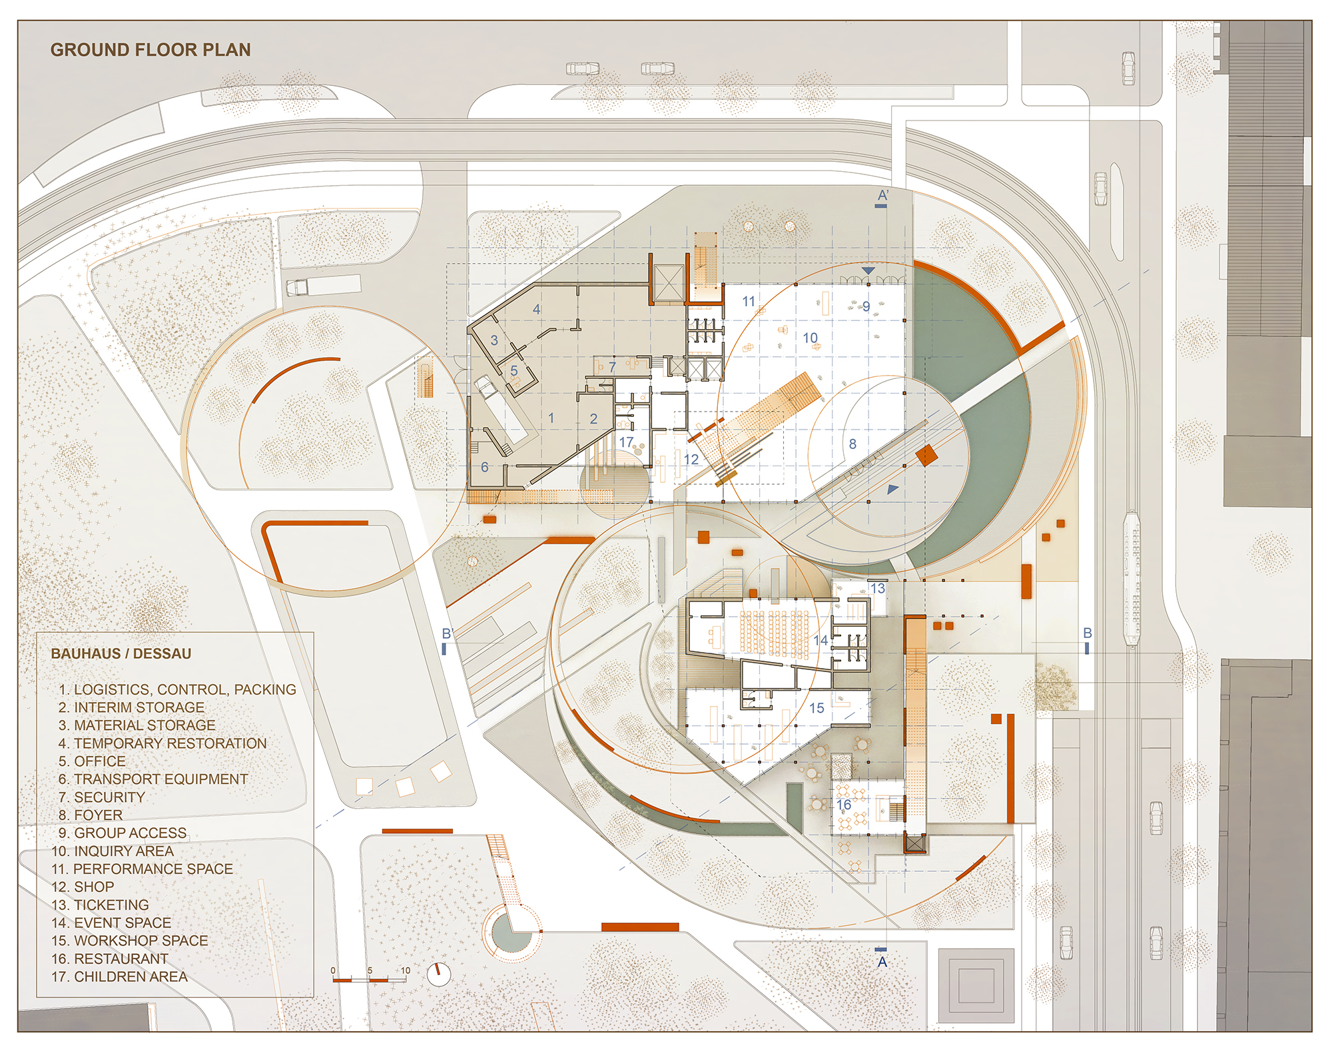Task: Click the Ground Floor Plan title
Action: coord(151,50)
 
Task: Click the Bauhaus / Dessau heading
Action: coord(121,653)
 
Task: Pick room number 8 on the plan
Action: coord(852,444)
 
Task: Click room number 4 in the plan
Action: coord(536,309)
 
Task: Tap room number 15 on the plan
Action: coord(817,708)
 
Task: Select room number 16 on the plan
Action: coord(844,805)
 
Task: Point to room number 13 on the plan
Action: coord(878,588)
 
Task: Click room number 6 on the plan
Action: coord(484,467)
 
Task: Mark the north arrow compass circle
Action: coord(438,974)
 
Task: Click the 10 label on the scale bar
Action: coord(405,970)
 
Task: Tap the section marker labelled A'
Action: coord(882,196)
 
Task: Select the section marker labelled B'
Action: coord(448,633)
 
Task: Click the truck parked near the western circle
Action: coord(323,286)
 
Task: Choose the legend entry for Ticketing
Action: coord(111,904)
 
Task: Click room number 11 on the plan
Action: coord(749,302)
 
